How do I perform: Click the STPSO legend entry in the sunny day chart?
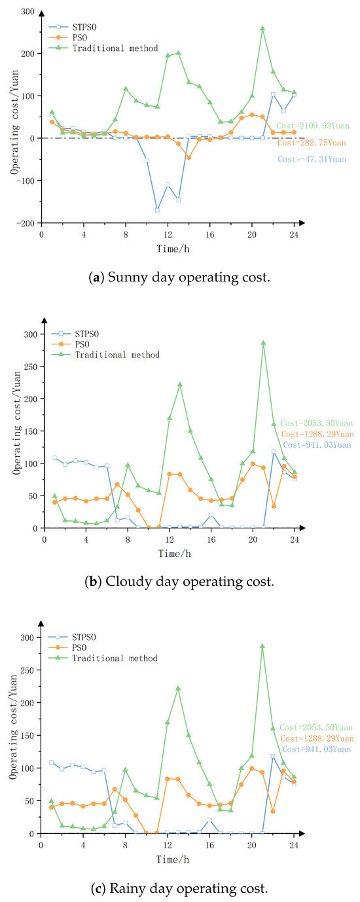[x=73, y=27]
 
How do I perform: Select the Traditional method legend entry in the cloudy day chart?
[x=105, y=355]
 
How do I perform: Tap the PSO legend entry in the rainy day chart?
[x=67, y=647]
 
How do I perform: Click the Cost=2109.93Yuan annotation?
[x=313, y=126]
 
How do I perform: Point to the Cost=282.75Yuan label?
[x=312, y=143]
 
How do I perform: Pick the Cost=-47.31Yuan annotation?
[x=312, y=159]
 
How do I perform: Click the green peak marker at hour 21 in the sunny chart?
[x=262, y=29]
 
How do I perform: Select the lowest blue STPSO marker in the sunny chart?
[x=158, y=210]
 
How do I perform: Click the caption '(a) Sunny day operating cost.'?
[x=179, y=278]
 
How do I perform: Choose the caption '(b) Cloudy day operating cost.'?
[x=179, y=581]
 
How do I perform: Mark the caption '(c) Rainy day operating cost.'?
[x=179, y=888]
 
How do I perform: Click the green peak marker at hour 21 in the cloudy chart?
[x=263, y=343]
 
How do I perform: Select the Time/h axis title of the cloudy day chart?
[x=174, y=554]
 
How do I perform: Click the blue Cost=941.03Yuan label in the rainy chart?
[x=317, y=749]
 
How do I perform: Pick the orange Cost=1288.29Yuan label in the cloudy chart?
[x=317, y=434]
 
